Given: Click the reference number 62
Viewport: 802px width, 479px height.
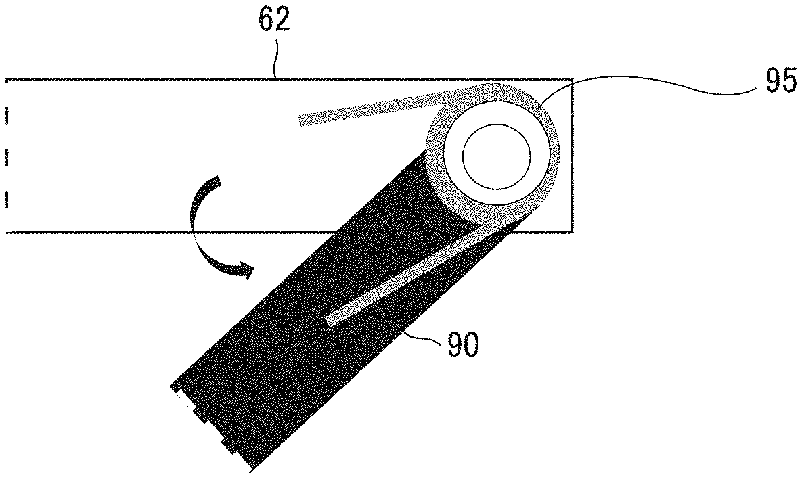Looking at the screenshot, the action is [x=273, y=21].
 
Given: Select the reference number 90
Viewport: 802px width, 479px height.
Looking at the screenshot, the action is [x=464, y=344].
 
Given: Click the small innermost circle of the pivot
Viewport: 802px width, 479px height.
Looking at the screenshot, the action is [x=496, y=156].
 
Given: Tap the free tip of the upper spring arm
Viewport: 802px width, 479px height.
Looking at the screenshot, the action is [x=300, y=121].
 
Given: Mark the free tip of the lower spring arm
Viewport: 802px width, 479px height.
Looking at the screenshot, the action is [x=329, y=321].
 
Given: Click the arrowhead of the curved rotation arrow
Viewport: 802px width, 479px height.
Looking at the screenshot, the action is [x=246, y=269].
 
